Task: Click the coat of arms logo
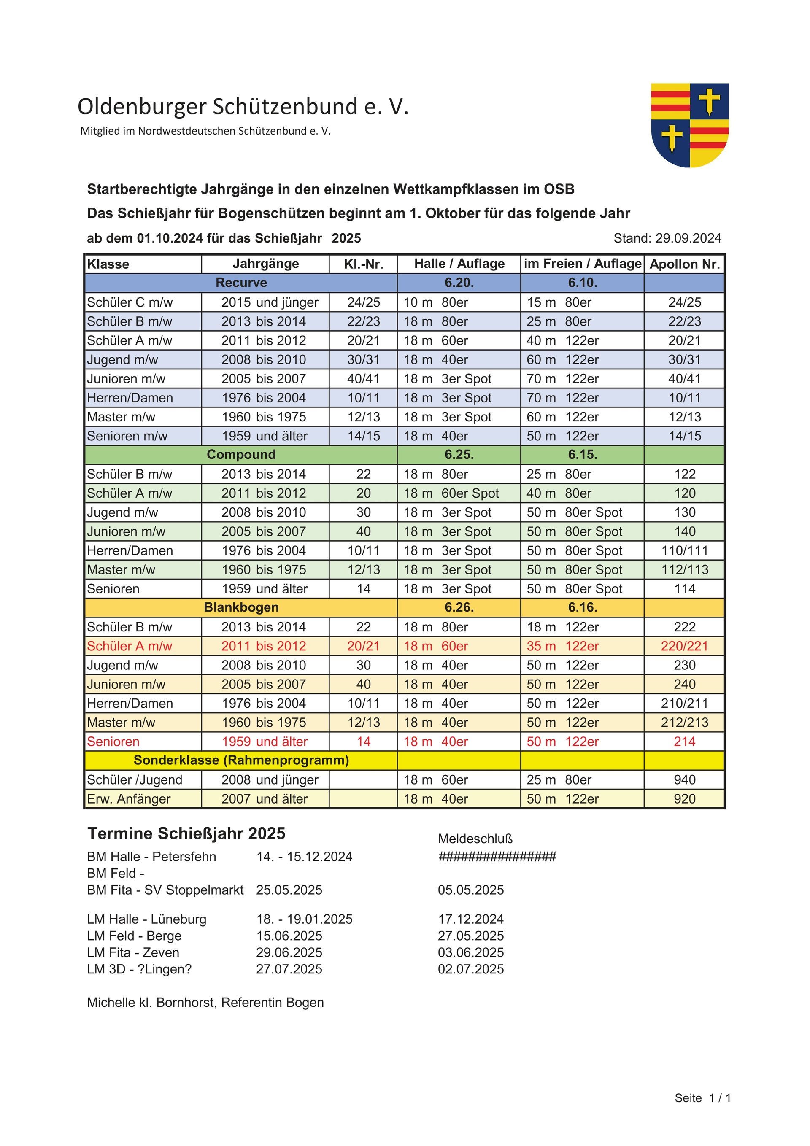tap(689, 125)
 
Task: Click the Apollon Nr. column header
tap(684, 264)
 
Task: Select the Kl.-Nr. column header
tap(363, 264)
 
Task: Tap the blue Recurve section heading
tap(241, 283)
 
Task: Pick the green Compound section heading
tap(241, 454)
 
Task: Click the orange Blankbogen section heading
tap(241, 607)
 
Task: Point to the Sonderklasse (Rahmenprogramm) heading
tap(241, 760)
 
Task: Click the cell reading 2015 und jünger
tap(270, 302)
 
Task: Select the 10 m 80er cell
tap(435, 302)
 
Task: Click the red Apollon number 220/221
tap(684, 646)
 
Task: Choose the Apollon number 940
tap(684, 779)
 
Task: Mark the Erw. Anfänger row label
tap(128, 798)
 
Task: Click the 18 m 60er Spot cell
tap(451, 493)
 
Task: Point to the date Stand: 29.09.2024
tap(667, 238)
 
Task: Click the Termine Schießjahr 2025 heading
tap(186, 833)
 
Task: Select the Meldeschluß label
tap(475, 839)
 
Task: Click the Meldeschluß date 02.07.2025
tap(470, 969)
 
